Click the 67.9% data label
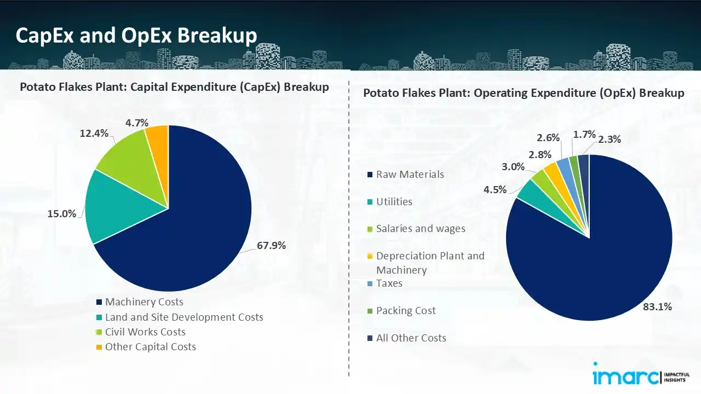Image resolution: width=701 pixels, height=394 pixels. click(x=271, y=246)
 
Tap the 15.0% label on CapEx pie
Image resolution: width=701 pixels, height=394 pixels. click(x=62, y=213)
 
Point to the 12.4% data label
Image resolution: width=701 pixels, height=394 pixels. click(x=94, y=133)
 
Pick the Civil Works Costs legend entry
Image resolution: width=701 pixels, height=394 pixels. click(x=145, y=332)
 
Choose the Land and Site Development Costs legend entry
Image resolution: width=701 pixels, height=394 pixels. click(x=184, y=317)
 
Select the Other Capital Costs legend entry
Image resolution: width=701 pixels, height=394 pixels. click(x=150, y=346)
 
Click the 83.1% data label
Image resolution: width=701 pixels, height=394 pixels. click(x=657, y=307)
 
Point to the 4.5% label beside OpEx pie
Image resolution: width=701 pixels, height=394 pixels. click(x=495, y=190)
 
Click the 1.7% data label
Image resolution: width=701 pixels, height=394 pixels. click(x=584, y=135)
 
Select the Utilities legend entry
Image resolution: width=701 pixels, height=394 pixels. click(x=394, y=201)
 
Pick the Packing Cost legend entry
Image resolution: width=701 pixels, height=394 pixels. click(x=406, y=310)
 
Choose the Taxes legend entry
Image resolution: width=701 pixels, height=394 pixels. click(x=389, y=283)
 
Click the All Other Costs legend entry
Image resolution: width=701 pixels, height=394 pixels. click(x=411, y=338)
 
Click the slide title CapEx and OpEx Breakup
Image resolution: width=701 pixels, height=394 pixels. click(x=136, y=35)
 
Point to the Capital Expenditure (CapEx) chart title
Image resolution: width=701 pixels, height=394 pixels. click(x=174, y=87)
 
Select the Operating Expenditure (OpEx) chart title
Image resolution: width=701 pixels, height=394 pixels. click(x=524, y=93)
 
